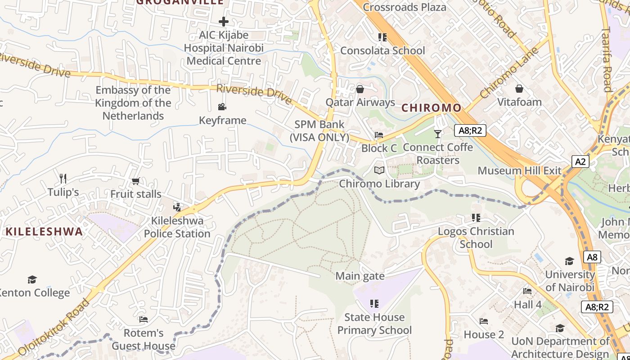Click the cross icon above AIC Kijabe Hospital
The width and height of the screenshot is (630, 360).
tap(224, 21)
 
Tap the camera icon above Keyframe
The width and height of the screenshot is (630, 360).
tap(222, 107)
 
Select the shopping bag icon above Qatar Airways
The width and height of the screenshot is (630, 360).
tap(360, 89)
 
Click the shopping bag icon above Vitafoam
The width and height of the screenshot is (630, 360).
tap(519, 89)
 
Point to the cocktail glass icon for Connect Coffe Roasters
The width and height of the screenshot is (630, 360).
tap(438, 134)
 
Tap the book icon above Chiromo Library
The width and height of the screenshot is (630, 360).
tap(379, 171)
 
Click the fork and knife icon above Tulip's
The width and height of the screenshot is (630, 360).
tap(63, 179)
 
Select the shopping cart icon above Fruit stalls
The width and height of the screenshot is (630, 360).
tap(135, 181)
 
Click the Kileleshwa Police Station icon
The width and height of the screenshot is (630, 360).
tap(177, 207)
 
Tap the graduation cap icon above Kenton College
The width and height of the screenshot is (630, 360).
tap(32, 279)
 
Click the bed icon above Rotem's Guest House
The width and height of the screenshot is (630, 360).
tap(144, 319)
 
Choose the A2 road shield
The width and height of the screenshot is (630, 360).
tap(580, 162)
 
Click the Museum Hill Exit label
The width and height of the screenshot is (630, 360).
tap(519, 171)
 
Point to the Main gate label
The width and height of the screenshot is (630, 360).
tap(360, 276)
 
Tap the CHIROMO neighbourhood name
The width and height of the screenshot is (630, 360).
tap(431, 108)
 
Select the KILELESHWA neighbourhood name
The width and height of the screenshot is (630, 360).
tap(44, 232)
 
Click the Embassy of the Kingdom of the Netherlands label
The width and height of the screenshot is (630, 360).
tap(133, 103)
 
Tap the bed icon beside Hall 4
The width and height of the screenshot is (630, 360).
tap(527, 291)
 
